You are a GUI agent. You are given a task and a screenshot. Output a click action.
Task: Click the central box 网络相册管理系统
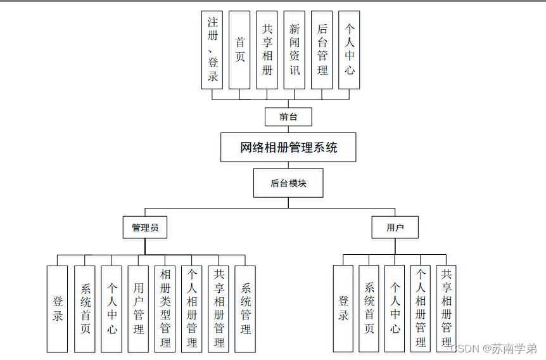[288, 148]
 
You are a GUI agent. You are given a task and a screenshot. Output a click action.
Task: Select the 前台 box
[288, 117]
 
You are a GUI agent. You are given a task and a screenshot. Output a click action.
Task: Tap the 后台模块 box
[288, 183]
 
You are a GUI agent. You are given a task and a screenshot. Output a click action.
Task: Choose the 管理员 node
[145, 228]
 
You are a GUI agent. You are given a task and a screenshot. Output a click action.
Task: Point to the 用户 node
[395, 228]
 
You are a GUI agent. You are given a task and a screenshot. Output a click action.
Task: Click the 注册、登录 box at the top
[213, 49]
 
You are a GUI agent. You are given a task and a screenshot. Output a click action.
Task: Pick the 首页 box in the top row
[239, 49]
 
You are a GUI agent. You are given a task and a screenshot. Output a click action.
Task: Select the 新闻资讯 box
[294, 49]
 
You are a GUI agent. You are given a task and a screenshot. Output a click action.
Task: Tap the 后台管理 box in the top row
[322, 49]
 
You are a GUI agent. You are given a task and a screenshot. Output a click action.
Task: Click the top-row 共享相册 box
[267, 49]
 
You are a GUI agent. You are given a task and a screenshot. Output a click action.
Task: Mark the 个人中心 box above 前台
[349, 49]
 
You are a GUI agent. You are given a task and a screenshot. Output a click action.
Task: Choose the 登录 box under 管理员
[57, 309]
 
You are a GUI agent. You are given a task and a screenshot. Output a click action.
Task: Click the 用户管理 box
[138, 309]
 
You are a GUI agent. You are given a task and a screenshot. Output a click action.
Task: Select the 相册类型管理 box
[165, 309]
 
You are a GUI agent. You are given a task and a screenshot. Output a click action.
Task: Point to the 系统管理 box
[245, 309]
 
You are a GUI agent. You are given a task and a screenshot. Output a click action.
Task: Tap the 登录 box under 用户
[343, 309]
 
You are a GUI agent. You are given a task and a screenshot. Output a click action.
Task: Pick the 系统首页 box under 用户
[369, 309]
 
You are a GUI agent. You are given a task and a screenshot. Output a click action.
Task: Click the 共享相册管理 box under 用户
[446, 309]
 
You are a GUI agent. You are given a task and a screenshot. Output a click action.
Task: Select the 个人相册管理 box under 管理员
[192, 309]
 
